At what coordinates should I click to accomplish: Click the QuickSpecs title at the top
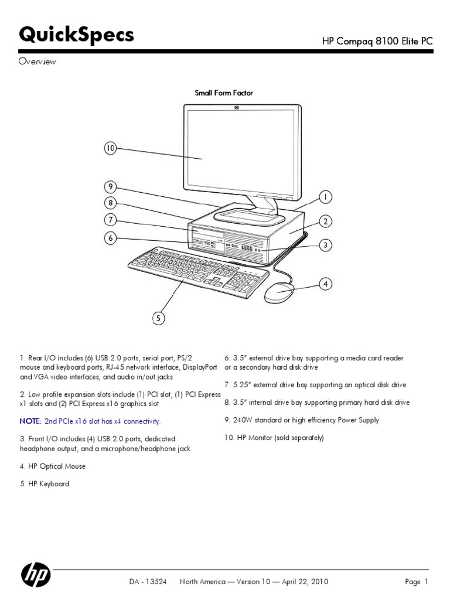[77, 36]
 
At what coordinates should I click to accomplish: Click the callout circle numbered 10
[110, 149]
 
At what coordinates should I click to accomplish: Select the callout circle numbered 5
[158, 318]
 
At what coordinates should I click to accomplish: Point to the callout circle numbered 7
[110, 221]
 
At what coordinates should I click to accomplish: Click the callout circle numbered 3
[326, 246]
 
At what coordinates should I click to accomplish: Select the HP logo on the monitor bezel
[237, 108]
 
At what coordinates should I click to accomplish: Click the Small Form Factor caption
[223, 93]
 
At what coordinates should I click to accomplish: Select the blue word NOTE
[30, 421]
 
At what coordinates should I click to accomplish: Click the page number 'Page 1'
[417, 582]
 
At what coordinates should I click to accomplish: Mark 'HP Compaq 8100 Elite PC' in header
[377, 41]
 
